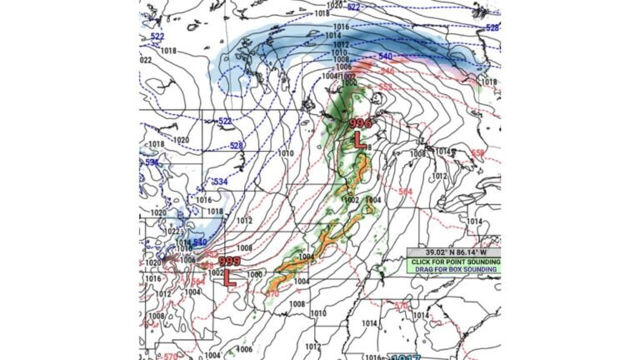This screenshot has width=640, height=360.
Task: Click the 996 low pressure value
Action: [x=360, y=123]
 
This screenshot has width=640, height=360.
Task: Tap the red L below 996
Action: [x=359, y=141]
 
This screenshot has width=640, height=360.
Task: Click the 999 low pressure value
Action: [x=229, y=262]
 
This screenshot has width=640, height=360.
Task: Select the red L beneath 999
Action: [x=230, y=280]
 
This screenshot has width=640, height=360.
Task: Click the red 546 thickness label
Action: [x=387, y=70]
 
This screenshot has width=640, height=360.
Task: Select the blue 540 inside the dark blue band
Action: [x=385, y=56]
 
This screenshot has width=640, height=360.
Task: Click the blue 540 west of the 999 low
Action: [x=199, y=242]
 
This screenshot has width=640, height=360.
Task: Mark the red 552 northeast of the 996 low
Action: [x=385, y=86]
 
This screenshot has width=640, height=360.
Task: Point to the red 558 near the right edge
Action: [x=477, y=153]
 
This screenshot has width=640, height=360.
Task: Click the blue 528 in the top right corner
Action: [x=492, y=27]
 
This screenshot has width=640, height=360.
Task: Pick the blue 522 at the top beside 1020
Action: [x=353, y=7]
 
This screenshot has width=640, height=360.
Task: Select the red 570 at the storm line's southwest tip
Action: [x=272, y=293]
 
